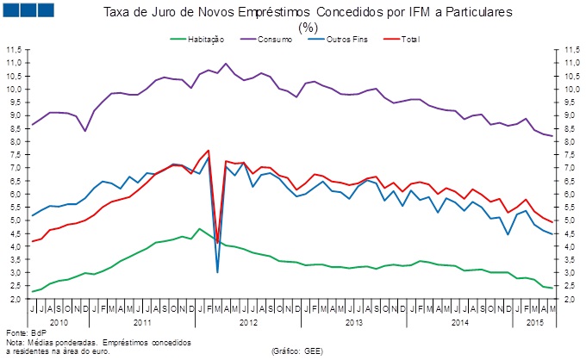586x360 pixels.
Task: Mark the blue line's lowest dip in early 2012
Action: point(217,272)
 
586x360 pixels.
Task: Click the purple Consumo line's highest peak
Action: point(226,64)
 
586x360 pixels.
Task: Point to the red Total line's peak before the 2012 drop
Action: point(208,150)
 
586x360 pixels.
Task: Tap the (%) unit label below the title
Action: point(308,27)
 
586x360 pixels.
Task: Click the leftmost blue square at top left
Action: point(15,10)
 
